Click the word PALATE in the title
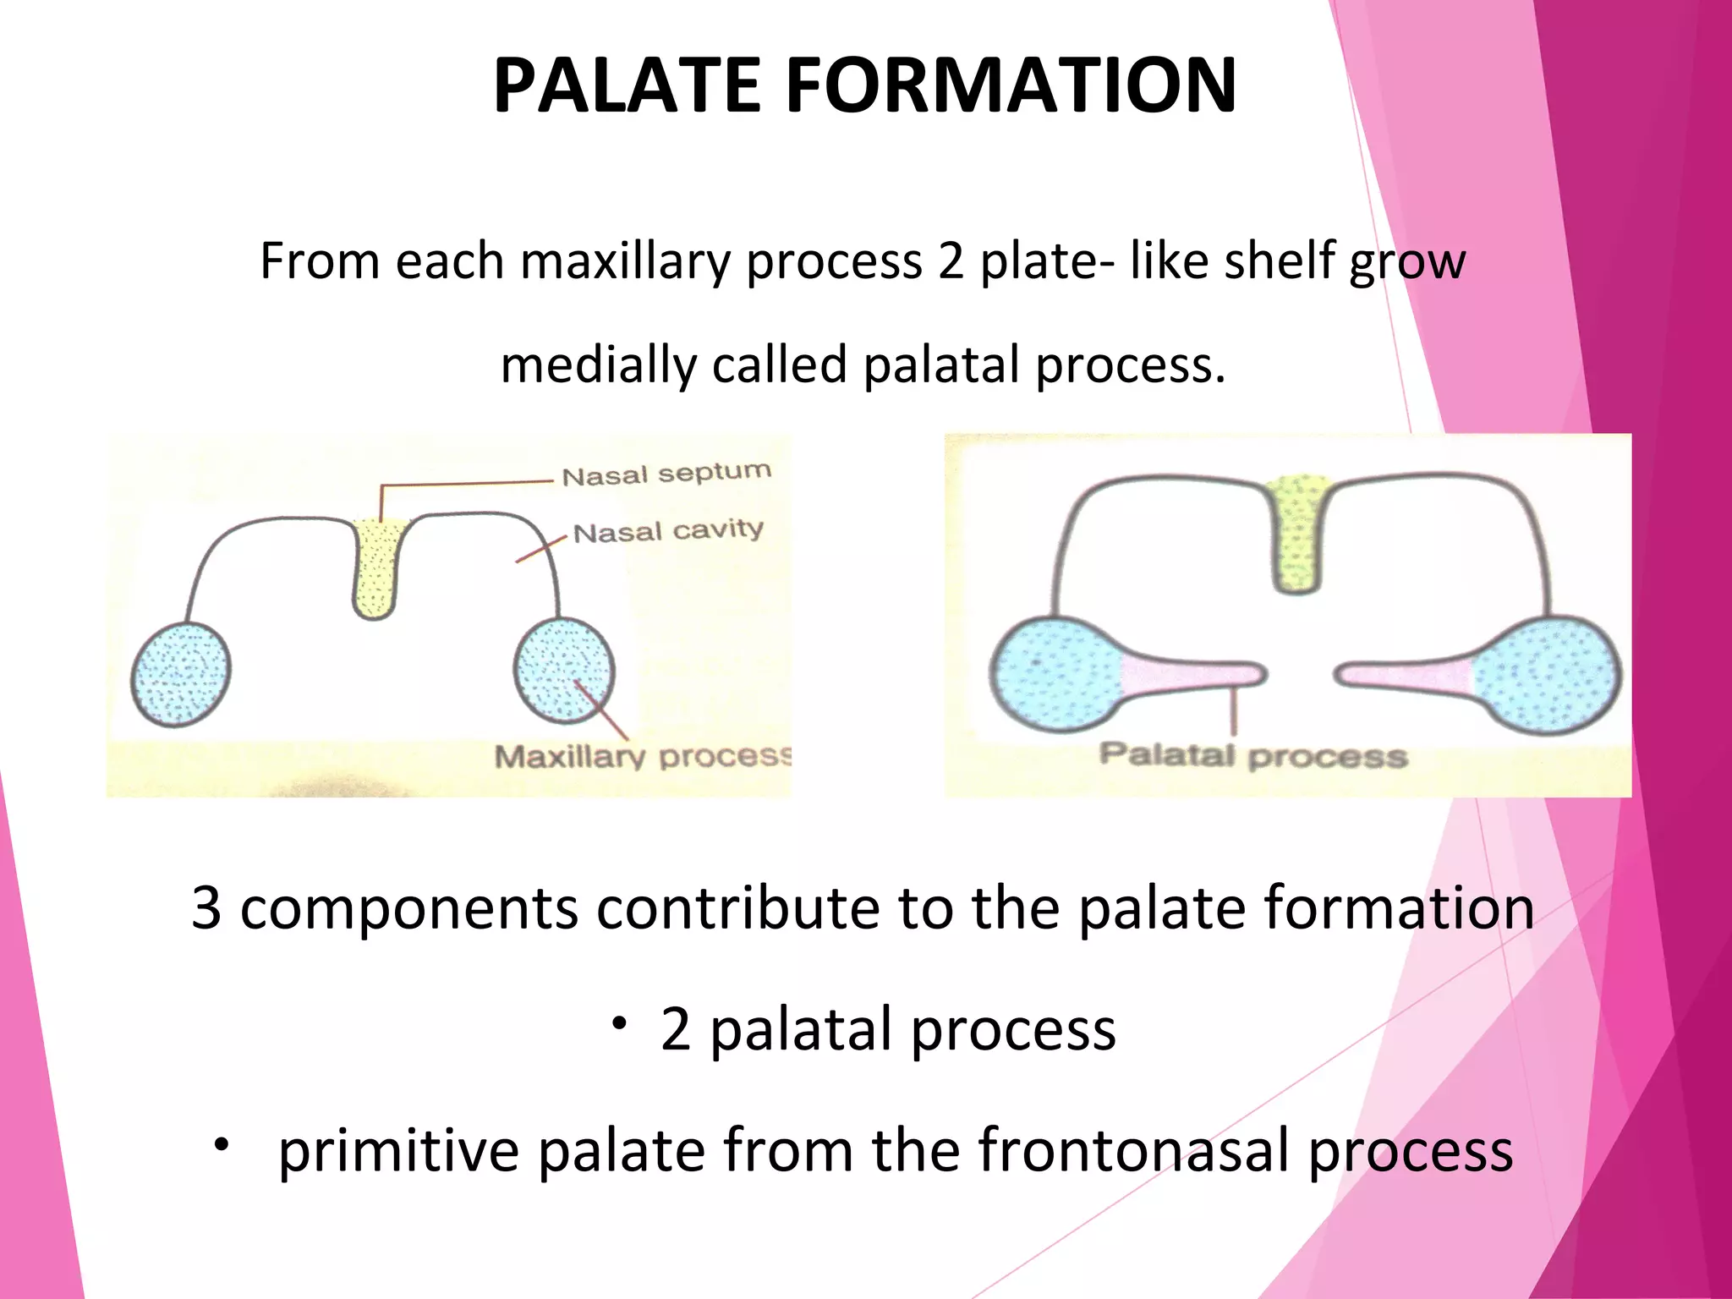627,85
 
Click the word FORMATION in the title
1011,85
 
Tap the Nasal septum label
666,474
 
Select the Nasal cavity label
668,531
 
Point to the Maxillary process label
643,755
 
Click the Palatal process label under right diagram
1252,754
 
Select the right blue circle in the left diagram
564,670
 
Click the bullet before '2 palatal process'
619,1024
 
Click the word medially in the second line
597,366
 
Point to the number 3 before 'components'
206,908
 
